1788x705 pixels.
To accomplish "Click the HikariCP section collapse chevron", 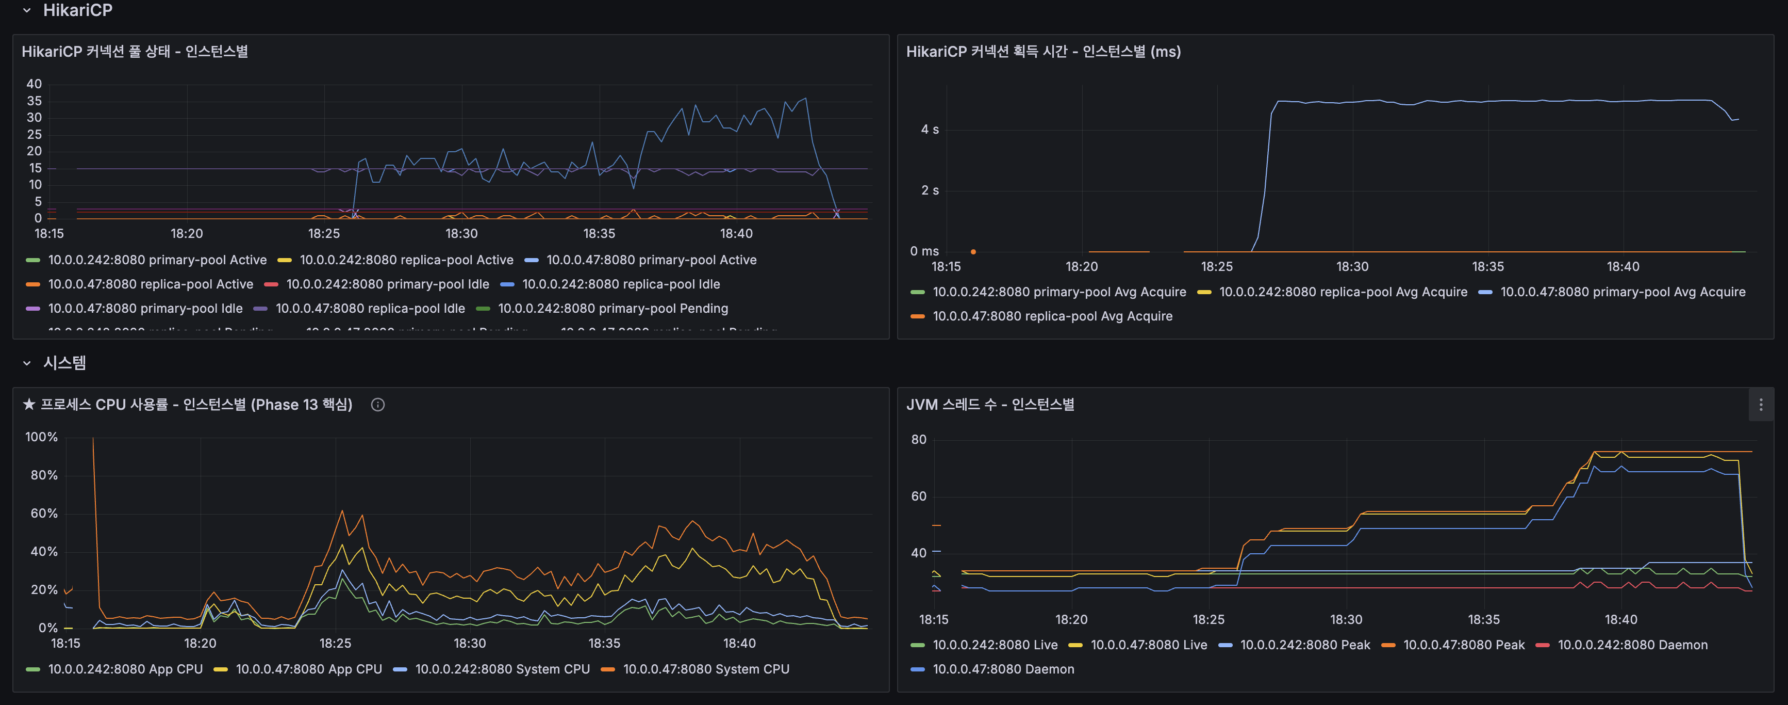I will click(26, 10).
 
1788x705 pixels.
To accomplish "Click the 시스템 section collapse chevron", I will click(26, 363).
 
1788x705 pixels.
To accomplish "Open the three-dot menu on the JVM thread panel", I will click(1760, 404).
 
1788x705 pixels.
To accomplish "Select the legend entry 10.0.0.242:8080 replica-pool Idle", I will click(621, 284).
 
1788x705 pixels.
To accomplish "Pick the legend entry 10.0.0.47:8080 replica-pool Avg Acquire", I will click(1052, 316).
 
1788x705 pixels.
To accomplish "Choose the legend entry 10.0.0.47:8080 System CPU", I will click(705, 669).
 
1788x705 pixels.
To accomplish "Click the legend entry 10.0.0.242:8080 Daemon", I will click(1632, 645).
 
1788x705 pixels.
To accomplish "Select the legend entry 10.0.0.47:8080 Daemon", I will click(1002, 669).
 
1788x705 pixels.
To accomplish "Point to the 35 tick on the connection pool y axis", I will click(34, 101).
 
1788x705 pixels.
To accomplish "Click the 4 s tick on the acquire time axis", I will click(930, 129).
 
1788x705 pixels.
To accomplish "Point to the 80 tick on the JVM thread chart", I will click(918, 440).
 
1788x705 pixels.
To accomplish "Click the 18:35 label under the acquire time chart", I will click(1487, 267).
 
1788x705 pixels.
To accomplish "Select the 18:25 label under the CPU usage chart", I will click(335, 643).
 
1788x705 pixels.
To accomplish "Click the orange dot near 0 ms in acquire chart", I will click(973, 251).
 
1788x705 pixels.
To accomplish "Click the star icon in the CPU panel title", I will click(28, 404).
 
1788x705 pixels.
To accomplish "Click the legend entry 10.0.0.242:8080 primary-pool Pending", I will click(612, 309).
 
